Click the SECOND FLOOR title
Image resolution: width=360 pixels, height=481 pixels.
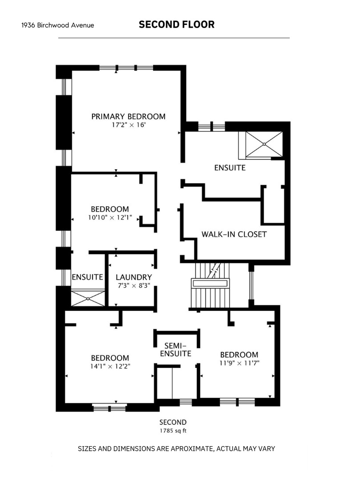click(177, 24)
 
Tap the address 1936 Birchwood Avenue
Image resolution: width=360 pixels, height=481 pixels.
click(57, 25)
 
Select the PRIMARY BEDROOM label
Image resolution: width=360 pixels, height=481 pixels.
click(128, 117)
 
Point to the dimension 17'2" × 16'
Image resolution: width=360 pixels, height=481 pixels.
click(128, 125)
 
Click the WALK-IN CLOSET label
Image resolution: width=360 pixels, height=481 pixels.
click(234, 234)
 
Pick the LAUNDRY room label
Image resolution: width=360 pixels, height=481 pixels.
click(133, 277)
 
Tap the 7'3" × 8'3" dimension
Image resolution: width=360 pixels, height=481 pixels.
click(134, 285)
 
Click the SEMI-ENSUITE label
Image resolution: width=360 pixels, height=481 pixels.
click(176, 350)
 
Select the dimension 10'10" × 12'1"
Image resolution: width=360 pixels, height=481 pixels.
click(110, 217)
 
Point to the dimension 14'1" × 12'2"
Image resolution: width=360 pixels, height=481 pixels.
click(110, 366)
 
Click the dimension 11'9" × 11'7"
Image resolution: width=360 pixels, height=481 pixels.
click(239, 363)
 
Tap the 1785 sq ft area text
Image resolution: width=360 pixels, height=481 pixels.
click(173, 431)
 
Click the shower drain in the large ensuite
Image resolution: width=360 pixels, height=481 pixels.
click(264, 144)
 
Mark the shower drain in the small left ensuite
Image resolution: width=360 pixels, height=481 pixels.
click(88, 298)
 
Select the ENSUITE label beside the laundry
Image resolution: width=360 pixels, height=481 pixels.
click(87, 277)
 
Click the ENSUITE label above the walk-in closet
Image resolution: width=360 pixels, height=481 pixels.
click(230, 168)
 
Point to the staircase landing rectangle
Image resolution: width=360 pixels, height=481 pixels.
click(210, 283)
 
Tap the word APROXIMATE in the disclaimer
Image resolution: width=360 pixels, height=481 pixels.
click(192, 449)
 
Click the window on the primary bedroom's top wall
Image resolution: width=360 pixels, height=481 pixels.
click(126, 68)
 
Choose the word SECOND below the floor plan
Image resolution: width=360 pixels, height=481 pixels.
click(173, 422)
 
